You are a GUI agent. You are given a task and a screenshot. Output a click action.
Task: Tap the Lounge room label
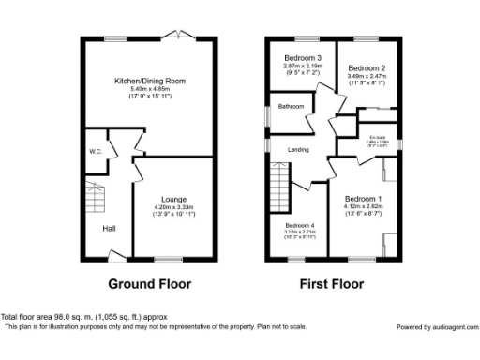[172, 199]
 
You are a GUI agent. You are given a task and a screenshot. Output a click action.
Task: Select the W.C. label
[95, 152]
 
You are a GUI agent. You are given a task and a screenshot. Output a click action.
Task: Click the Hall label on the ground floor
[109, 227]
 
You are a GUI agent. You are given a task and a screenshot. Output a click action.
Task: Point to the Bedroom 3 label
[304, 58]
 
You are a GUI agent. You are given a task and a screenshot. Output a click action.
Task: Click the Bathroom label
[291, 107]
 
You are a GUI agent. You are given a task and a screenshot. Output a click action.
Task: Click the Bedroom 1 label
[363, 199]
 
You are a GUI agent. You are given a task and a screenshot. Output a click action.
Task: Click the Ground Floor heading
[150, 284]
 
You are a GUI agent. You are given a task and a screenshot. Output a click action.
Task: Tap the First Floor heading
[331, 284]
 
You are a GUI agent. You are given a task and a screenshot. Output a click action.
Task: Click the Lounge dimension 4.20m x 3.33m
[172, 207]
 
